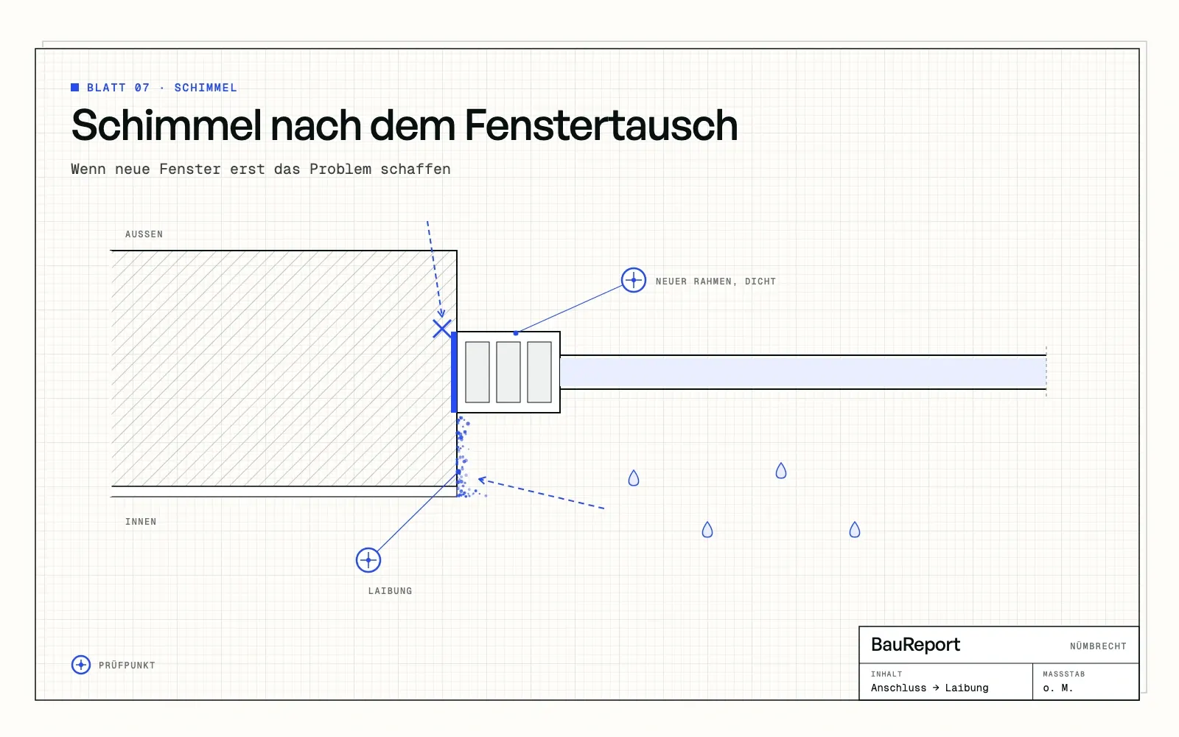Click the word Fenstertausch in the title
pyautogui.click(x=601, y=125)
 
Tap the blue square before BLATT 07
pyautogui.click(x=74, y=88)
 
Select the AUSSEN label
pyautogui.click(x=144, y=234)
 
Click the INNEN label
pyautogui.click(x=141, y=522)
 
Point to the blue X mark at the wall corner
pyautogui.click(x=442, y=329)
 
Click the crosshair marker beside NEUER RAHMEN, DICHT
pyautogui.click(x=633, y=280)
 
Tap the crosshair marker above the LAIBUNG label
pyautogui.click(x=368, y=559)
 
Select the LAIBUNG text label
pyautogui.click(x=390, y=590)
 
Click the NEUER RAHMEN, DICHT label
pyautogui.click(x=716, y=281)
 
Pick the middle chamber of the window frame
pyautogui.click(x=508, y=372)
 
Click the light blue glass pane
pyautogui.click(x=803, y=372)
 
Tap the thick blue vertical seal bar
pyautogui.click(x=454, y=372)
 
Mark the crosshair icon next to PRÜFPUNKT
pyautogui.click(x=80, y=664)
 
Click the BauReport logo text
pyautogui.click(x=915, y=644)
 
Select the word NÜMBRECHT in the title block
pyautogui.click(x=1098, y=646)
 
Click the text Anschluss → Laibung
pyautogui.click(x=929, y=688)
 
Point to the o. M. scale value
pyautogui.click(x=1057, y=688)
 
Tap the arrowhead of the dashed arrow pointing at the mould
pyautogui.click(x=482, y=480)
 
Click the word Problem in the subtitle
pyautogui.click(x=340, y=169)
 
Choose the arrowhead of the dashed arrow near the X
pyautogui.click(x=441, y=314)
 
